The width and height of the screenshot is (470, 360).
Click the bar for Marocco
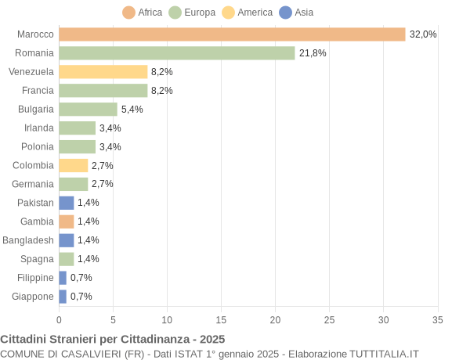[232, 34]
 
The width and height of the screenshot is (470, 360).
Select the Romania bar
[176, 53]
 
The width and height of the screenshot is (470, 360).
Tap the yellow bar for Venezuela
[103, 72]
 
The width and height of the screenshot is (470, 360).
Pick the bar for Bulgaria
[88, 110]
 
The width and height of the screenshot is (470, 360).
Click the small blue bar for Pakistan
[67, 203]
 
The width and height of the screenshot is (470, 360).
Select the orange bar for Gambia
[67, 221]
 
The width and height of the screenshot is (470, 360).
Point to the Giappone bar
[63, 297]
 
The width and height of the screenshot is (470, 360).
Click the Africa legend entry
[143, 13]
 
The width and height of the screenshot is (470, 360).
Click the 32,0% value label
[423, 34]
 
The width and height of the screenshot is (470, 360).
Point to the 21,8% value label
[313, 53]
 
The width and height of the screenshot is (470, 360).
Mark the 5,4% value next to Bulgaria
[132, 110]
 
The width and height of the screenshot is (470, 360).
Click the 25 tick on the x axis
[329, 319]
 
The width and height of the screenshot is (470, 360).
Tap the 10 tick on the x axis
[167, 319]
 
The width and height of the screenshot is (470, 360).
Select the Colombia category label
[34, 165]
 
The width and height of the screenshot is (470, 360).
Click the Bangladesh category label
[28, 240]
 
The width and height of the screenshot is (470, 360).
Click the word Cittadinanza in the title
[163, 339]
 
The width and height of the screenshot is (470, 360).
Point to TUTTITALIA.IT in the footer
[376, 354]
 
